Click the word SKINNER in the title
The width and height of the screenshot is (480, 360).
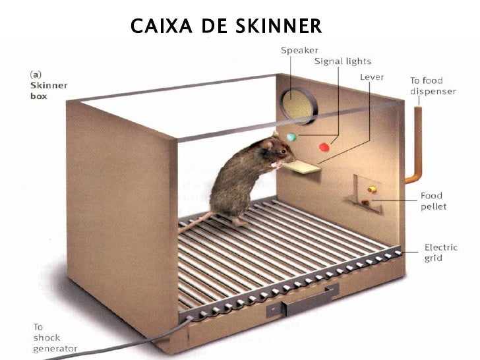click(x=278, y=26)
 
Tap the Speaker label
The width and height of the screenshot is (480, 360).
click(x=299, y=51)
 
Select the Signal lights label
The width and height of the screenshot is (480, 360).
click(x=343, y=61)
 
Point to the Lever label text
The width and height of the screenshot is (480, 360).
click(x=372, y=77)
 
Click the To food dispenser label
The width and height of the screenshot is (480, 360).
click(x=433, y=86)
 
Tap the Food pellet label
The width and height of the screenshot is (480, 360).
click(x=433, y=201)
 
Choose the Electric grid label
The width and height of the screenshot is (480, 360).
click(x=441, y=253)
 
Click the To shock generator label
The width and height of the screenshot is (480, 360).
click(x=55, y=338)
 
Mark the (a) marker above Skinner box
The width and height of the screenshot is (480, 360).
click(x=36, y=75)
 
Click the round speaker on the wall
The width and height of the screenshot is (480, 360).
click(x=297, y=106)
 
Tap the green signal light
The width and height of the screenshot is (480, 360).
click(x=291, y=137)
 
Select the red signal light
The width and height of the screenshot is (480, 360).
click(x=324, y=147)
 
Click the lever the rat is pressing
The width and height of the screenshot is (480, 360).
click(x=301, y=167)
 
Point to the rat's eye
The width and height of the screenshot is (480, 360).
click(x=283, y=151)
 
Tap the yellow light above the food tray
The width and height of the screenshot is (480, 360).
click(x=371, y=189)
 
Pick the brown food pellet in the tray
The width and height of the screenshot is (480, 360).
click(x=365, y=202)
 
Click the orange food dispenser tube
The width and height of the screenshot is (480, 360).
click(x=415, y=144)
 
